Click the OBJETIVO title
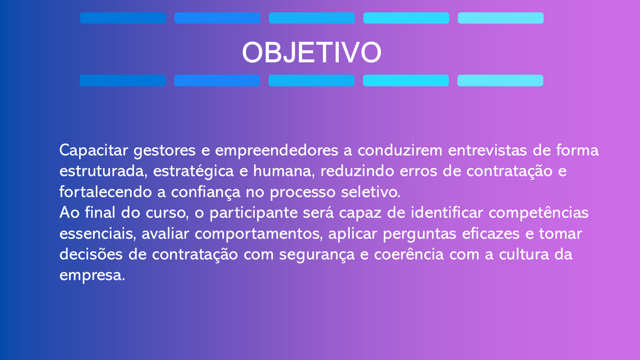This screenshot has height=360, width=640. pos(311,52)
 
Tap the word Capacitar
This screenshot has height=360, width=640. pos(94,151)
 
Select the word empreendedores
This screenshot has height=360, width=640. pos(277,151)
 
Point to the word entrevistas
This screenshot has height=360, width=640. pos(488,150)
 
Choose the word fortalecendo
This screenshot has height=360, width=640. pos(106,192)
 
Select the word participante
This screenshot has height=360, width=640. pos(254,213)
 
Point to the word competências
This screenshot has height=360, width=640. pos(539,213)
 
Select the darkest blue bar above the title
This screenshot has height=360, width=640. pos(123,18)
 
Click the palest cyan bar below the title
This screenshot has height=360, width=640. pos(500,80)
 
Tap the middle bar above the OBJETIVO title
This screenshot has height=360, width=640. pos(312,18)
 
